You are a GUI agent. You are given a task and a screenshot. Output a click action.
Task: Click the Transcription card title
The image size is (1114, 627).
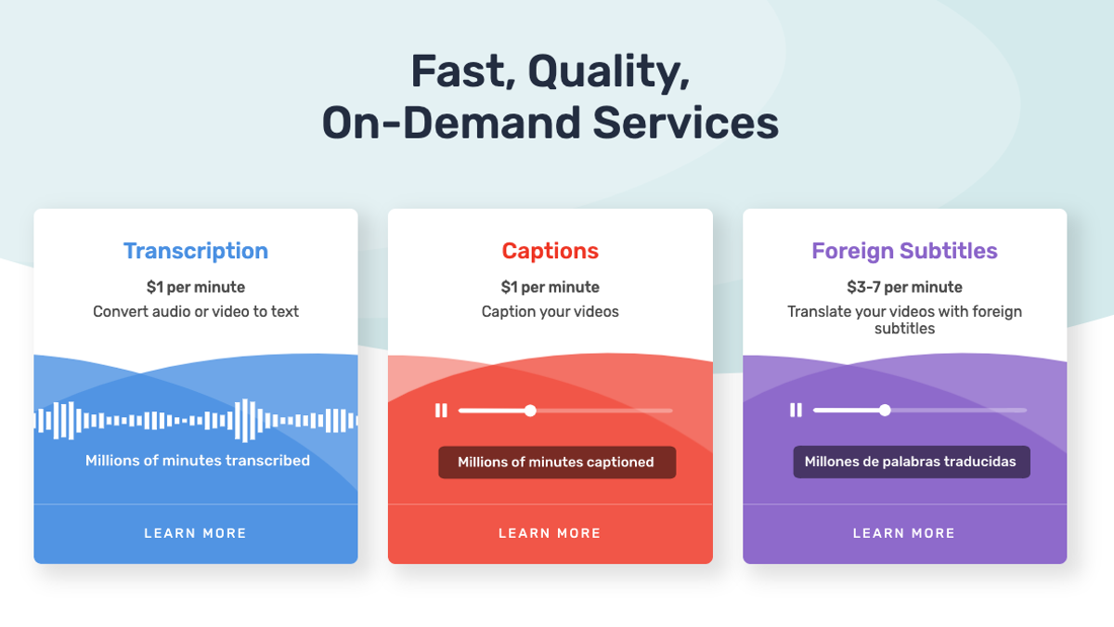196,251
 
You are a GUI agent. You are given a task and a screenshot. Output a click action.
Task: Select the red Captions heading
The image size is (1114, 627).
550,251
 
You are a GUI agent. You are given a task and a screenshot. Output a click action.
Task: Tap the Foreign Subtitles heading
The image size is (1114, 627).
904,251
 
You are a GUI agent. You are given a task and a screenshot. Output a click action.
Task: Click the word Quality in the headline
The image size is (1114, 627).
609,72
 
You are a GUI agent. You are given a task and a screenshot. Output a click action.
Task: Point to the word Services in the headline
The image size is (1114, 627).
686,123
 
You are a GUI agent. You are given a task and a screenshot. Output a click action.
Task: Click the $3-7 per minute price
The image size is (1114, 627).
904,287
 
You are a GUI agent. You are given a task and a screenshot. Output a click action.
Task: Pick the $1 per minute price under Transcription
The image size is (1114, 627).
196,287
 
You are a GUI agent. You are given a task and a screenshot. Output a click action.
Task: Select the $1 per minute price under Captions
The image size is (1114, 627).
550,287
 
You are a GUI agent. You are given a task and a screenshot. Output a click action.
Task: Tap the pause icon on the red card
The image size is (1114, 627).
441,411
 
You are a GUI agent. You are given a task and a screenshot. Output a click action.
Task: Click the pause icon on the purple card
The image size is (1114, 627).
796,411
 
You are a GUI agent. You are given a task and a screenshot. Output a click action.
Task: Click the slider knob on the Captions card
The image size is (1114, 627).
530,411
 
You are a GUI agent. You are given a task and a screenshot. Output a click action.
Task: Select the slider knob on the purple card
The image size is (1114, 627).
885,411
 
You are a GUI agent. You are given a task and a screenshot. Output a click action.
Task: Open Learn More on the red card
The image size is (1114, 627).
550,533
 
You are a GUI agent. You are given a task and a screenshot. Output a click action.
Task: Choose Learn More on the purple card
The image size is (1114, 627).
904,533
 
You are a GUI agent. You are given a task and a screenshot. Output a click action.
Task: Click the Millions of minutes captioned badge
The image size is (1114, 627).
557,463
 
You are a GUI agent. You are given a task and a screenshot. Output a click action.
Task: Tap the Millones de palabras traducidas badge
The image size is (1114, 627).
912,462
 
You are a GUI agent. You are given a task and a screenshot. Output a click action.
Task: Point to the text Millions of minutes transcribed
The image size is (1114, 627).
198,461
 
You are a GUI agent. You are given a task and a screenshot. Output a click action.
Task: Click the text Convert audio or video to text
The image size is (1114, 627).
196,311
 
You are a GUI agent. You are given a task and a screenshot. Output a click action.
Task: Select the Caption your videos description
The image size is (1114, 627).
550,311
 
